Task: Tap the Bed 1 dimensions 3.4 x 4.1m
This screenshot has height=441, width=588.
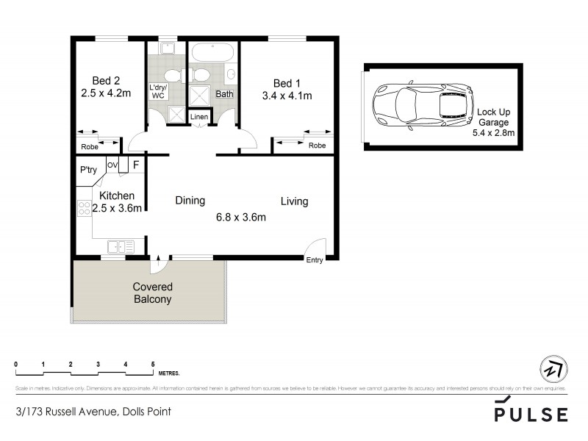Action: tap(287, 95)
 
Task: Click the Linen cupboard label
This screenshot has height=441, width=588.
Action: tap(199, 118)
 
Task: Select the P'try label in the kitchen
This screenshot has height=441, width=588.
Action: tap(88, 171)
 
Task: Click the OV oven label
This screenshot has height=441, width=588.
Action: tap(112, 165)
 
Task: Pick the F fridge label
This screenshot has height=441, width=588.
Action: tap(135, 166)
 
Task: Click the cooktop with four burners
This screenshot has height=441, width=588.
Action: tap(83, 208)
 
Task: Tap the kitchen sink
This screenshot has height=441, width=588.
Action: tap(119, 246)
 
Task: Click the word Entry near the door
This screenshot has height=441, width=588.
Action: tap(315, 259)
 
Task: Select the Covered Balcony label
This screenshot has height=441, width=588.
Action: tap(152, 293)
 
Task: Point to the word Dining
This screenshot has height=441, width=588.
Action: tap(190, 201)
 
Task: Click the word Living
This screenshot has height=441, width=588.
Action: tap(293, 201)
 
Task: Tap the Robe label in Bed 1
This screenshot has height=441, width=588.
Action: tap(317, 146)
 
